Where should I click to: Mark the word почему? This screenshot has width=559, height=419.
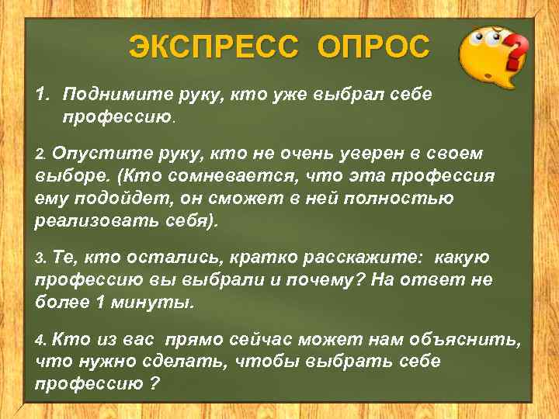319,279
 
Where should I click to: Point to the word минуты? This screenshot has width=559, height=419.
161,302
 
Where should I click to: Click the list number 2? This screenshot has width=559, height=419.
41,154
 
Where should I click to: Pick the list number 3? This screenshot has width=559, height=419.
41,258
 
